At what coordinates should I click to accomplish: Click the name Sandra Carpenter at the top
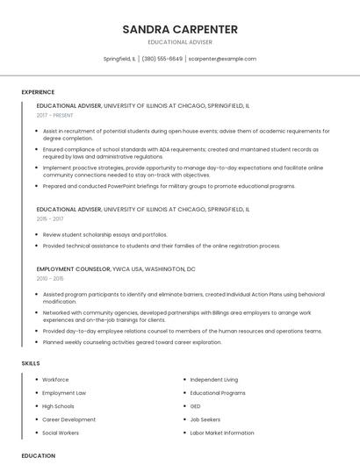180,29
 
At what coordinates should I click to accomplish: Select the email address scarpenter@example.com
222,59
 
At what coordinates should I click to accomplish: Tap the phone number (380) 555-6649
162,59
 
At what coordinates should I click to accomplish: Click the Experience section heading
38,92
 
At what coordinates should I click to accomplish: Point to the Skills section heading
31,362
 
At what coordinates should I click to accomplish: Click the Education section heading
39,455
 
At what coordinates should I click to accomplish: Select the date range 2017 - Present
55,115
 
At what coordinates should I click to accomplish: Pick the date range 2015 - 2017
49,219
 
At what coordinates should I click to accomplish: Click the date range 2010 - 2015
49,278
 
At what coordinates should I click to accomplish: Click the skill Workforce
55,380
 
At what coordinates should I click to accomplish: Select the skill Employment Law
64,393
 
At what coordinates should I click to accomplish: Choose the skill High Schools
58,406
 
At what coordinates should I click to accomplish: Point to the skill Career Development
68,419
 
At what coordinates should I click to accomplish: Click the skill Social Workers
61,433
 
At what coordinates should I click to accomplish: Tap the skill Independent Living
213,380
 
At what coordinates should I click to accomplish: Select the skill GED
196,406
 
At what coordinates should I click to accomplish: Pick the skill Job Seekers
205,419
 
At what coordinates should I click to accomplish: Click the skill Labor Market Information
221,433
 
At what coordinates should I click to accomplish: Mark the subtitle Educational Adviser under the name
180,42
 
